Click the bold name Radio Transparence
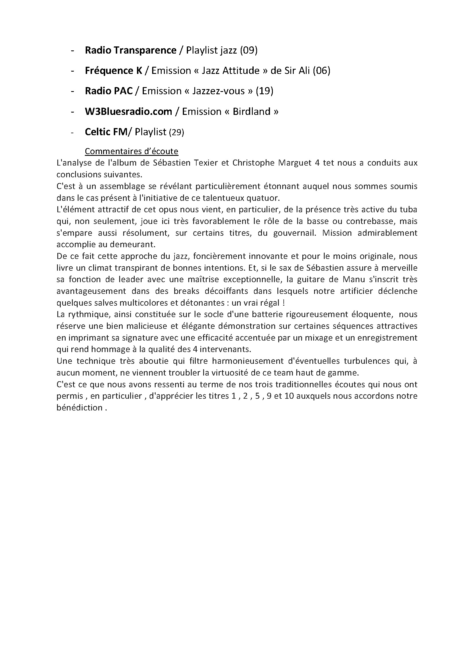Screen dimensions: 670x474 (130, 50)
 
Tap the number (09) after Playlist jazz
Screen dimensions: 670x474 (249, 50)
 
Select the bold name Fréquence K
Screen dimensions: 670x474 (113, 71)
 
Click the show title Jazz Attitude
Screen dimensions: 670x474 (231, 71)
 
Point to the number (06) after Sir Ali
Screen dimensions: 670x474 (321, 71)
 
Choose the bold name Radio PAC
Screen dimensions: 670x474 (109, 91)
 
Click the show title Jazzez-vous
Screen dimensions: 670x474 (219, 91)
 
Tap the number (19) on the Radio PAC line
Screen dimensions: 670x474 (265, 91)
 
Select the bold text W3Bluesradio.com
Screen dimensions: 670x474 (128, 112)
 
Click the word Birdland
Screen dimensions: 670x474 (252, 112)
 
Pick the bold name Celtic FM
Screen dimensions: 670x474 (106, 132)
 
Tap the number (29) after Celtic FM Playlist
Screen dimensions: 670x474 (177, 133)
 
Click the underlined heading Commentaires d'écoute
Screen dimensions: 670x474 (131, 151)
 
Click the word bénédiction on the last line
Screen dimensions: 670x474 (79, 408)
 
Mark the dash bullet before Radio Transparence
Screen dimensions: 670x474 (72, 51)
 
